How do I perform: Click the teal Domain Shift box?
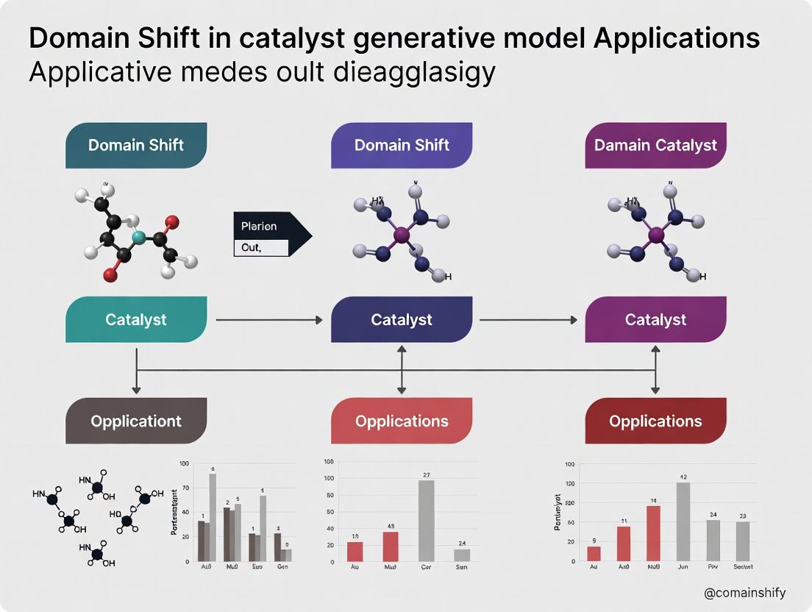[136, 145]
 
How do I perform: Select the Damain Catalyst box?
[655, 145]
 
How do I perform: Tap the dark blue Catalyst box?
[402, 320]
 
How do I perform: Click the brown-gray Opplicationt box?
[136, 421]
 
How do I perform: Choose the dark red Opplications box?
[655, 421]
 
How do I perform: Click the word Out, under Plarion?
[252, 248]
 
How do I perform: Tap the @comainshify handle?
[744, 593]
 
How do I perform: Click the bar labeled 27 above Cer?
[426, 520]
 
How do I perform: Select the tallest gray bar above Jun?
[683, 522]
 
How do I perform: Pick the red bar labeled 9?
[594, 553]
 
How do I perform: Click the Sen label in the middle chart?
[461, 567]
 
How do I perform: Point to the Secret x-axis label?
[743, 566]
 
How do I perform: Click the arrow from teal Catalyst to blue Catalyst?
[268, 320]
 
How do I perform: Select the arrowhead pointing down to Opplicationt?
[136, 388]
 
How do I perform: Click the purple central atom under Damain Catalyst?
[656, 235]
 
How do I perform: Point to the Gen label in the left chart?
[282, 567]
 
